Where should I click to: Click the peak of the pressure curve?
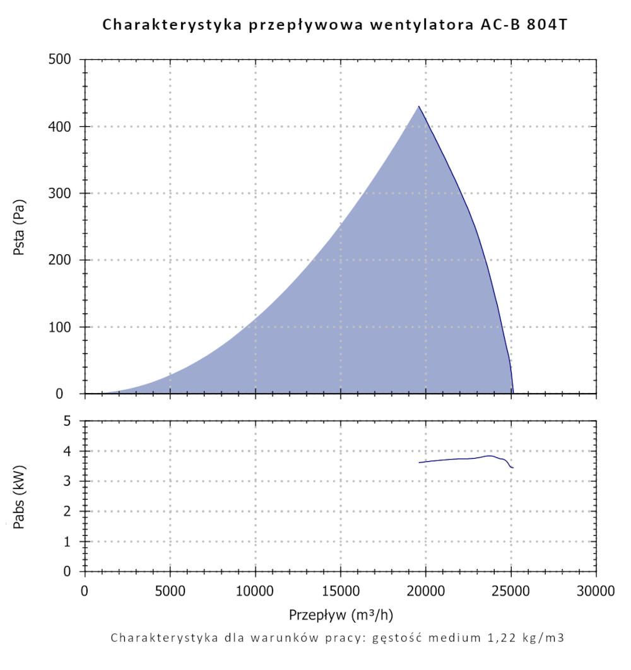click(x=418, y=106)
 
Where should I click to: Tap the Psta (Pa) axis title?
click(x=19, y=227)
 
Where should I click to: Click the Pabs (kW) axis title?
click(x=19, y=496)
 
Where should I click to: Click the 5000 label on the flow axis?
click(x=170, y=591)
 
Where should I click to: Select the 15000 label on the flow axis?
click(x=341, y=591)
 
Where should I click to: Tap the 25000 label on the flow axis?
click(x=511, y=591)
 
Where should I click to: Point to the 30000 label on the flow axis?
click(x=596, y=591)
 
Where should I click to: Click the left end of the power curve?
click(x=419, y=462)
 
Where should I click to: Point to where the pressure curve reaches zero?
click(x=513, y=392)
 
